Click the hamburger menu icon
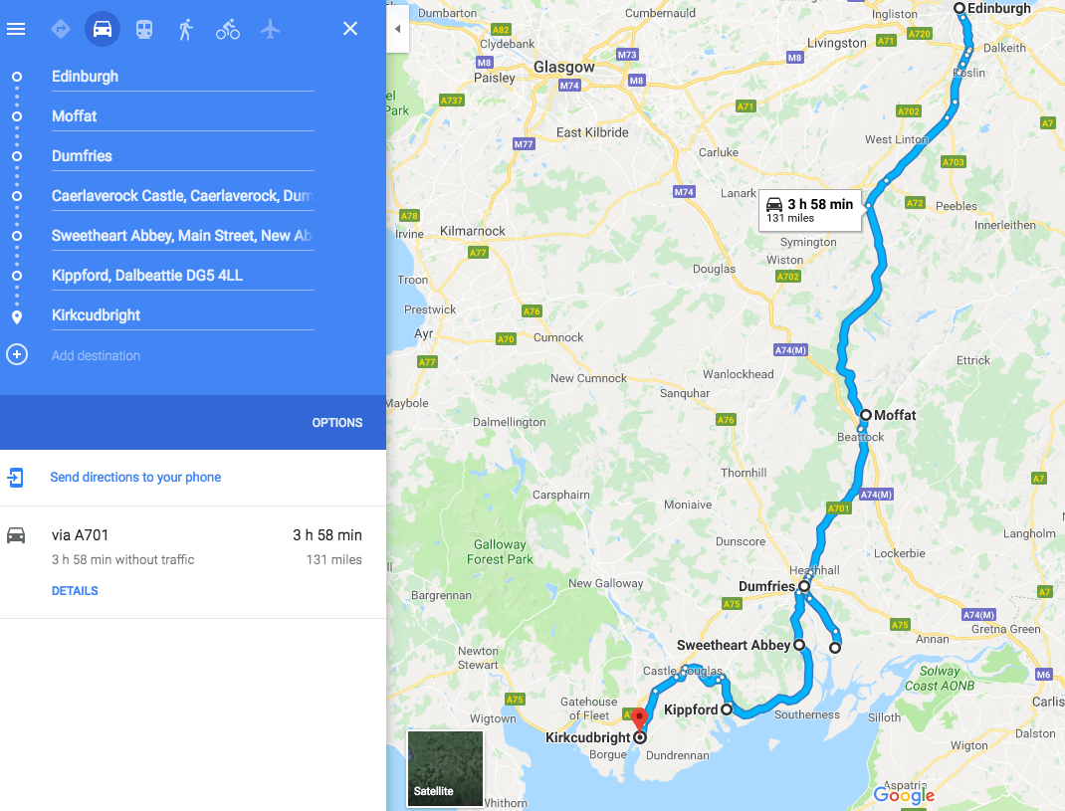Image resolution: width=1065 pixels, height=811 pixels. pyautogui.click(x=16, y=29)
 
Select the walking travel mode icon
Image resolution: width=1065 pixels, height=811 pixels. pyautogui.click(x=185, y=29)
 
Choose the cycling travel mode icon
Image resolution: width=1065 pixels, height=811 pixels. pyautogui.click(x=228, y=29)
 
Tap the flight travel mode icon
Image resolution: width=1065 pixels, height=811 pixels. pyautogui.click(x=270, y=29)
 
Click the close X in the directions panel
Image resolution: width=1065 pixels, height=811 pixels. pyautogui.click(x=350, y=29)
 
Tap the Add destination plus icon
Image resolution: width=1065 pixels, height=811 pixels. pyautogui.click(x=17, y=354)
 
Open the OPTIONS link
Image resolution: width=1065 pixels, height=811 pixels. pyautogui.click(x=337, y=422)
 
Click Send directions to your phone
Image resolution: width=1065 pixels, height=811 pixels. pyautogui.click(x=135, y=478)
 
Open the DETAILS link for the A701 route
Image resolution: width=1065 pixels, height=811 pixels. pyautogui.click(x=75, y=591)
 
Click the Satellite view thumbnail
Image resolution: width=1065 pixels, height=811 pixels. pyautogui.click(x=445, y=768)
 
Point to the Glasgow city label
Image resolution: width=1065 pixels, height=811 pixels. pyautogui.click(x=563, y=67)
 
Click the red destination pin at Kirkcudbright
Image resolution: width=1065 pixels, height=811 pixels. pyautogui.click(x=640, y=718)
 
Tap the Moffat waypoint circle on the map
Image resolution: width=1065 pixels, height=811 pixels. pyautogui.click(x=866, y=415)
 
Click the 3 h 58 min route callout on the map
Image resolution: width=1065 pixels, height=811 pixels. pyautogui.click(x=810, y=210)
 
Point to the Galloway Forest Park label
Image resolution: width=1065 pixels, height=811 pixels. pyautogui.click(x=500, y=551)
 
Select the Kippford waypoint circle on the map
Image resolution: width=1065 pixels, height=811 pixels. pyautogui.click(x=727, y=710)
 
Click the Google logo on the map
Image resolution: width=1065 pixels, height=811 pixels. pyautogui.click(x=904, y=795)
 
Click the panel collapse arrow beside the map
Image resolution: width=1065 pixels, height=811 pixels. pyautogui.click(x=397, y=29)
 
